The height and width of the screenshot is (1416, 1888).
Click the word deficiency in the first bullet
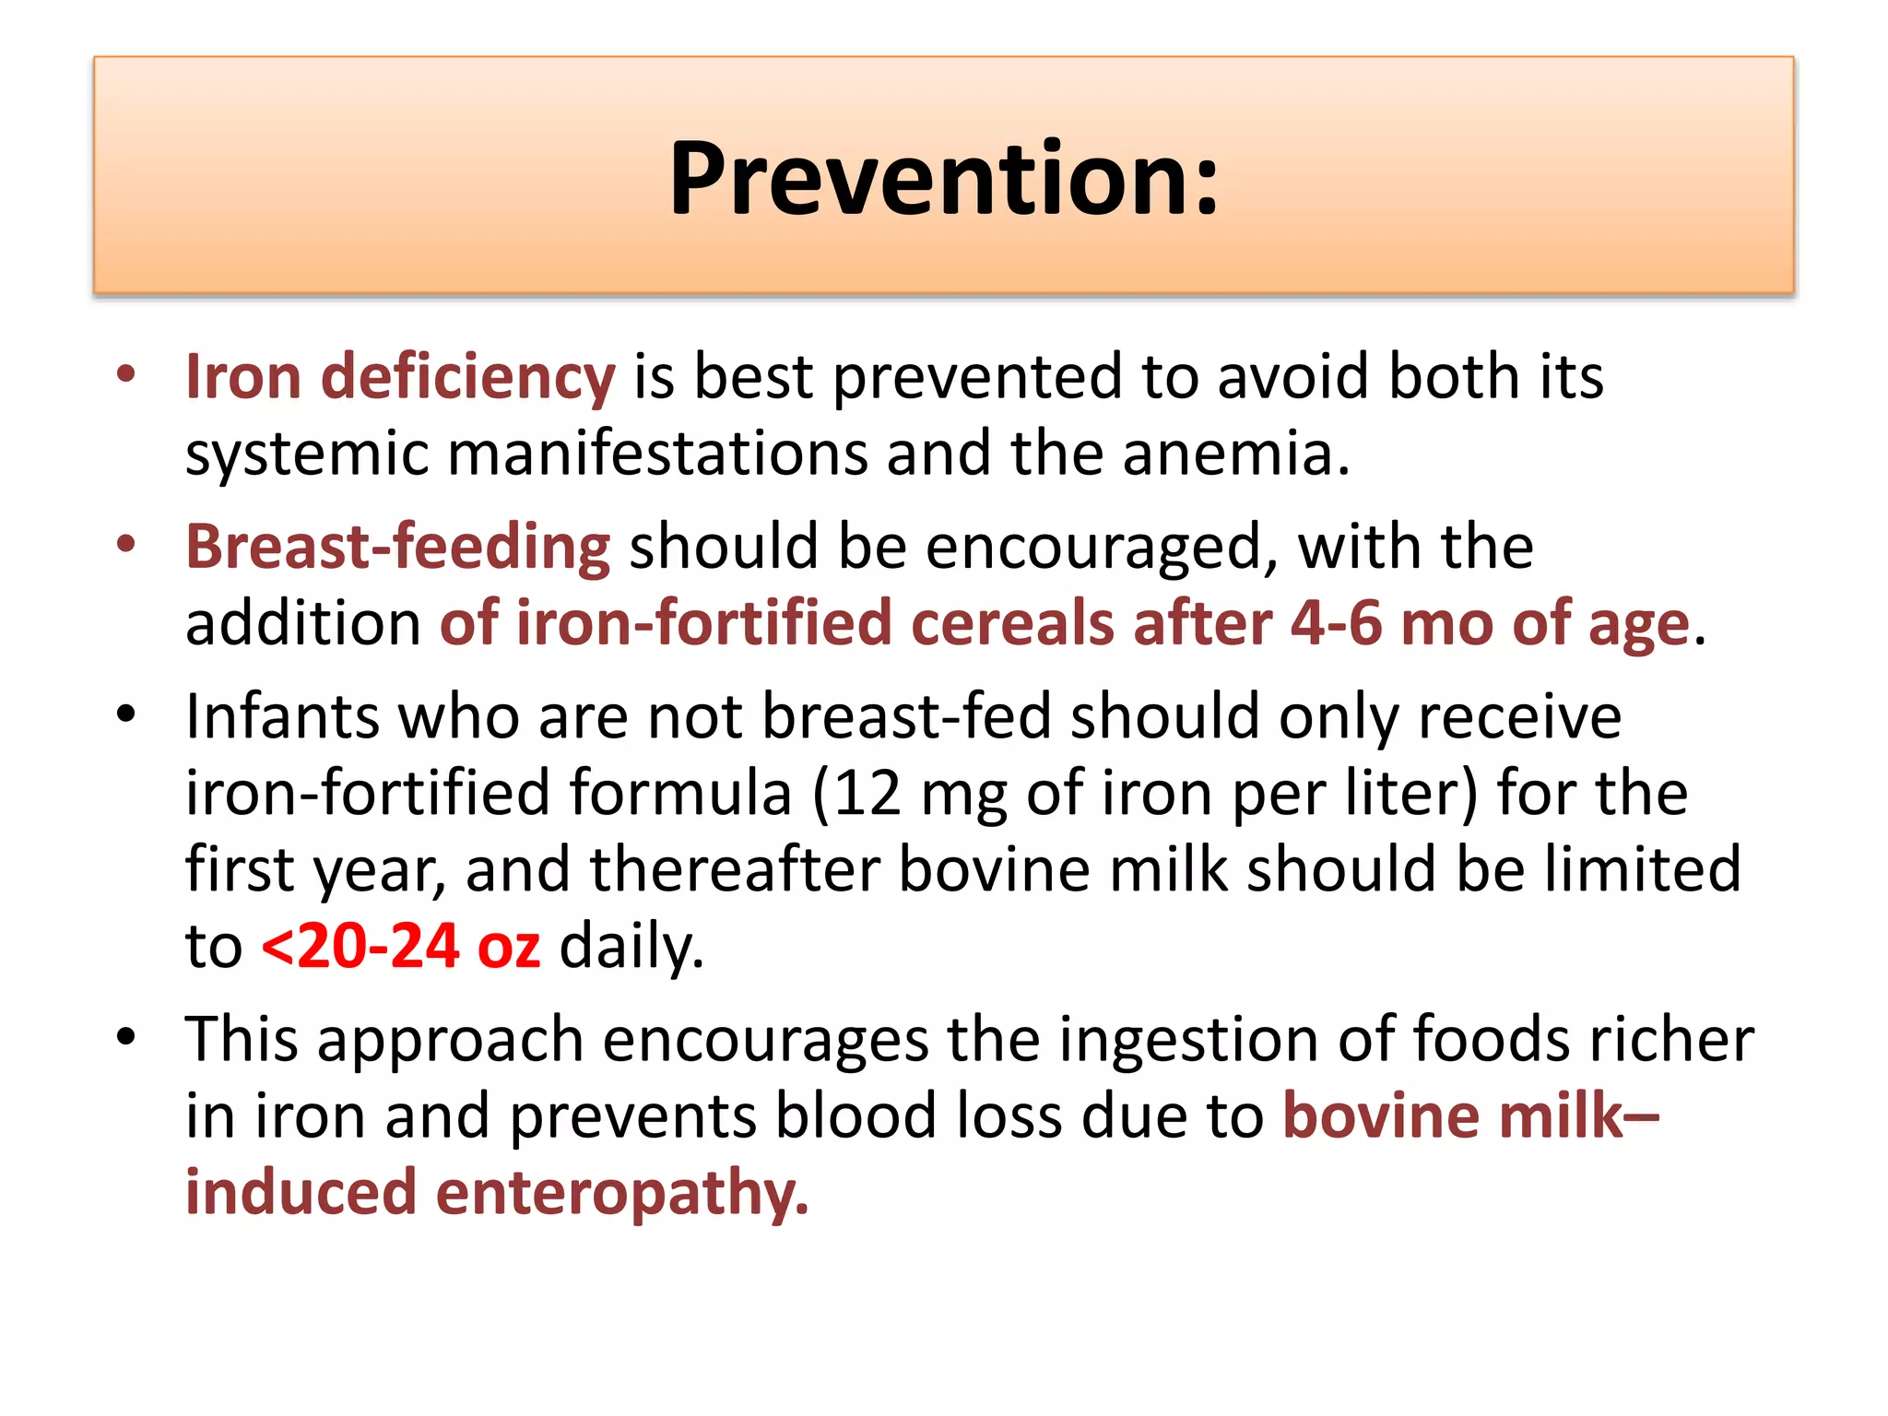point(466,377)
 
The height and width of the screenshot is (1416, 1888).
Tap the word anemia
point(1234,454)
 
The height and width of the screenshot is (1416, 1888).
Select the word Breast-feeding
point(397,547)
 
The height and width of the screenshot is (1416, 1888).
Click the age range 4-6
point(1336,623)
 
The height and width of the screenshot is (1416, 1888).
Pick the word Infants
point(282,716)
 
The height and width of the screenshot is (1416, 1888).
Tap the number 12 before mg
point(867,793)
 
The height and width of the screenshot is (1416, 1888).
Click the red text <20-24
point(360,947)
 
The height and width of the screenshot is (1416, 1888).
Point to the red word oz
point(509,947)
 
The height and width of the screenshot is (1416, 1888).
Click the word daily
point(631,947)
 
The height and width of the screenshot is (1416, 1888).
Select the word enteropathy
point(621,1193)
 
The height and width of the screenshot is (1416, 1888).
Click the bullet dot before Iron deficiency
point(126,374)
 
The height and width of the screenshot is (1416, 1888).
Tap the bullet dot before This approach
point(126,1036)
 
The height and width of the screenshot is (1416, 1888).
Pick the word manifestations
point(657,454)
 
